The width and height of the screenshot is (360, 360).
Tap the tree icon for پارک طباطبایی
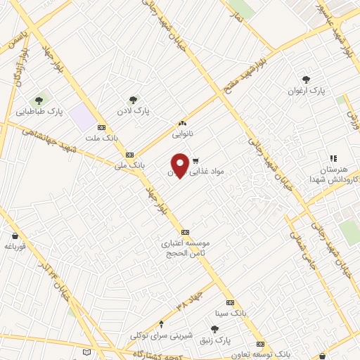[x=40, y=98]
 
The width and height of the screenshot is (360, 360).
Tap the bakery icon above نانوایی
[x=183, y=122]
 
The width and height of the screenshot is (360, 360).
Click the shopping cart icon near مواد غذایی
[x=196, y=160]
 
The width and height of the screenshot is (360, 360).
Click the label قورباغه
[x=15, y=246]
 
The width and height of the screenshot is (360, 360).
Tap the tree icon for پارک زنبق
[x=214, y=328]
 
